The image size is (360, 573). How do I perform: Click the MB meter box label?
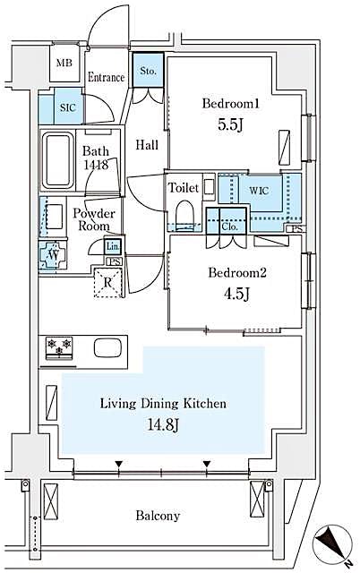point(64,63)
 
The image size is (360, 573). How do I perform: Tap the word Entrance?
point(106,78)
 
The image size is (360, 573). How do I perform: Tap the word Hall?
point(147,145)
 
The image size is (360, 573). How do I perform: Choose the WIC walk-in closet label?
point(259,190)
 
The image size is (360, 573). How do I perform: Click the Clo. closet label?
point(228,227)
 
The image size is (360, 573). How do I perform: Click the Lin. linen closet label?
point(112,246)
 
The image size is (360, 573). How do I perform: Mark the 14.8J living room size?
point(162,423)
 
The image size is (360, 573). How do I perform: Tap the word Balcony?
point(158,516)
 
